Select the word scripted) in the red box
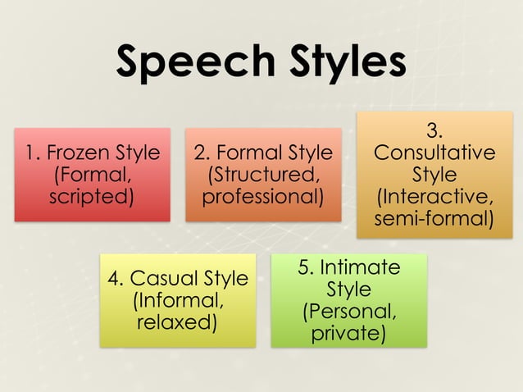click(91, 197)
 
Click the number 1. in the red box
click(33, 153)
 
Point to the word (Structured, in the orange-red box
click(262, 175)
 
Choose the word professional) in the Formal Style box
click(262, 197)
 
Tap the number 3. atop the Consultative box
click(434, 131)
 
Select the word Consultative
click(434, 153)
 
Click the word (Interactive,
click(434, 198)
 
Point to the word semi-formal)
click(434, 219)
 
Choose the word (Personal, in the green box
click(349, 312)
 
